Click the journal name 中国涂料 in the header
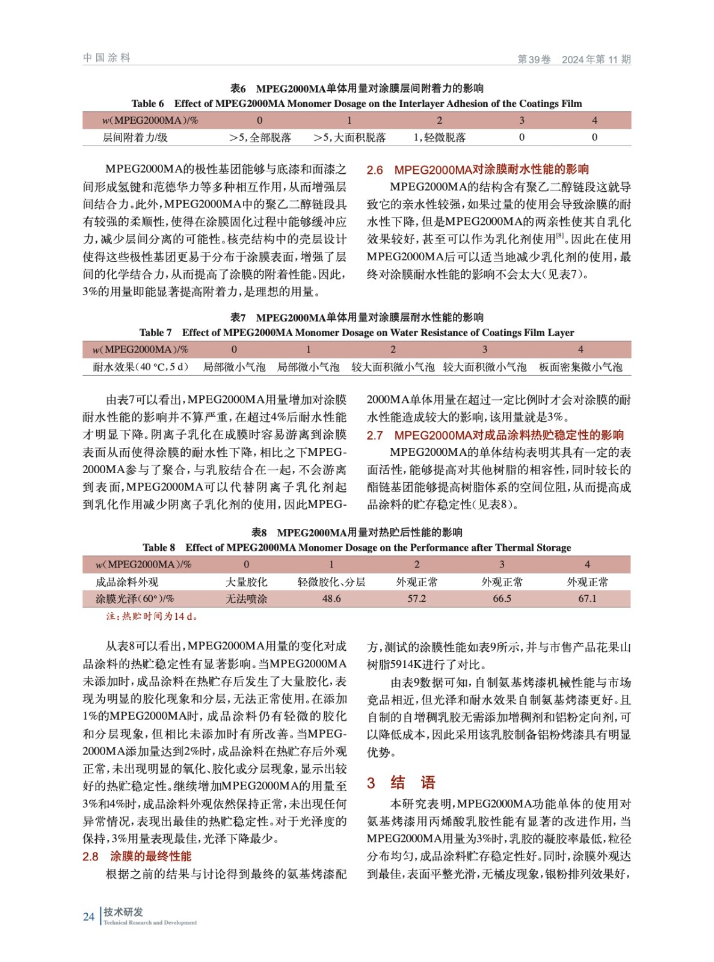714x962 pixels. [106, 58]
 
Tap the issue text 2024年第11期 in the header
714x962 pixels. [596, 60]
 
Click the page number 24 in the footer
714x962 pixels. [88, 917]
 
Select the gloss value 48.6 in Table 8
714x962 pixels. [331, 599]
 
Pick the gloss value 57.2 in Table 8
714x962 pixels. [416, 599]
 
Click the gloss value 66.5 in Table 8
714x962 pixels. [502, 599]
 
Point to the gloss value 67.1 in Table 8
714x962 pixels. [587, 599]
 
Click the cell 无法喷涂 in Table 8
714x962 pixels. [246, 599]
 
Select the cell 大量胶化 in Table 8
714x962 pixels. [246, 582]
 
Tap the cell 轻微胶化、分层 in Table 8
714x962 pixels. [331, 582]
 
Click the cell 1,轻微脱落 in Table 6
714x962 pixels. [439, 138]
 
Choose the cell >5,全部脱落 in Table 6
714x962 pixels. [260, 138]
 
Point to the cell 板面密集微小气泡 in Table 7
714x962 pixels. [580, 367]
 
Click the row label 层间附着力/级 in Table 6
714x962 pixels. [135, 138]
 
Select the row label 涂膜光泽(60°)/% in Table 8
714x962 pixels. [135, 599]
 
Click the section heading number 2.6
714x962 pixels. [375, 170]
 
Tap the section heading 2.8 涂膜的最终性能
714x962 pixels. [137, 856]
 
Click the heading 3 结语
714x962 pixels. [401, 783]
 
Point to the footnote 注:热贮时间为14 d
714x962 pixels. [152, 616]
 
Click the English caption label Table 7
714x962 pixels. [155, 332]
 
